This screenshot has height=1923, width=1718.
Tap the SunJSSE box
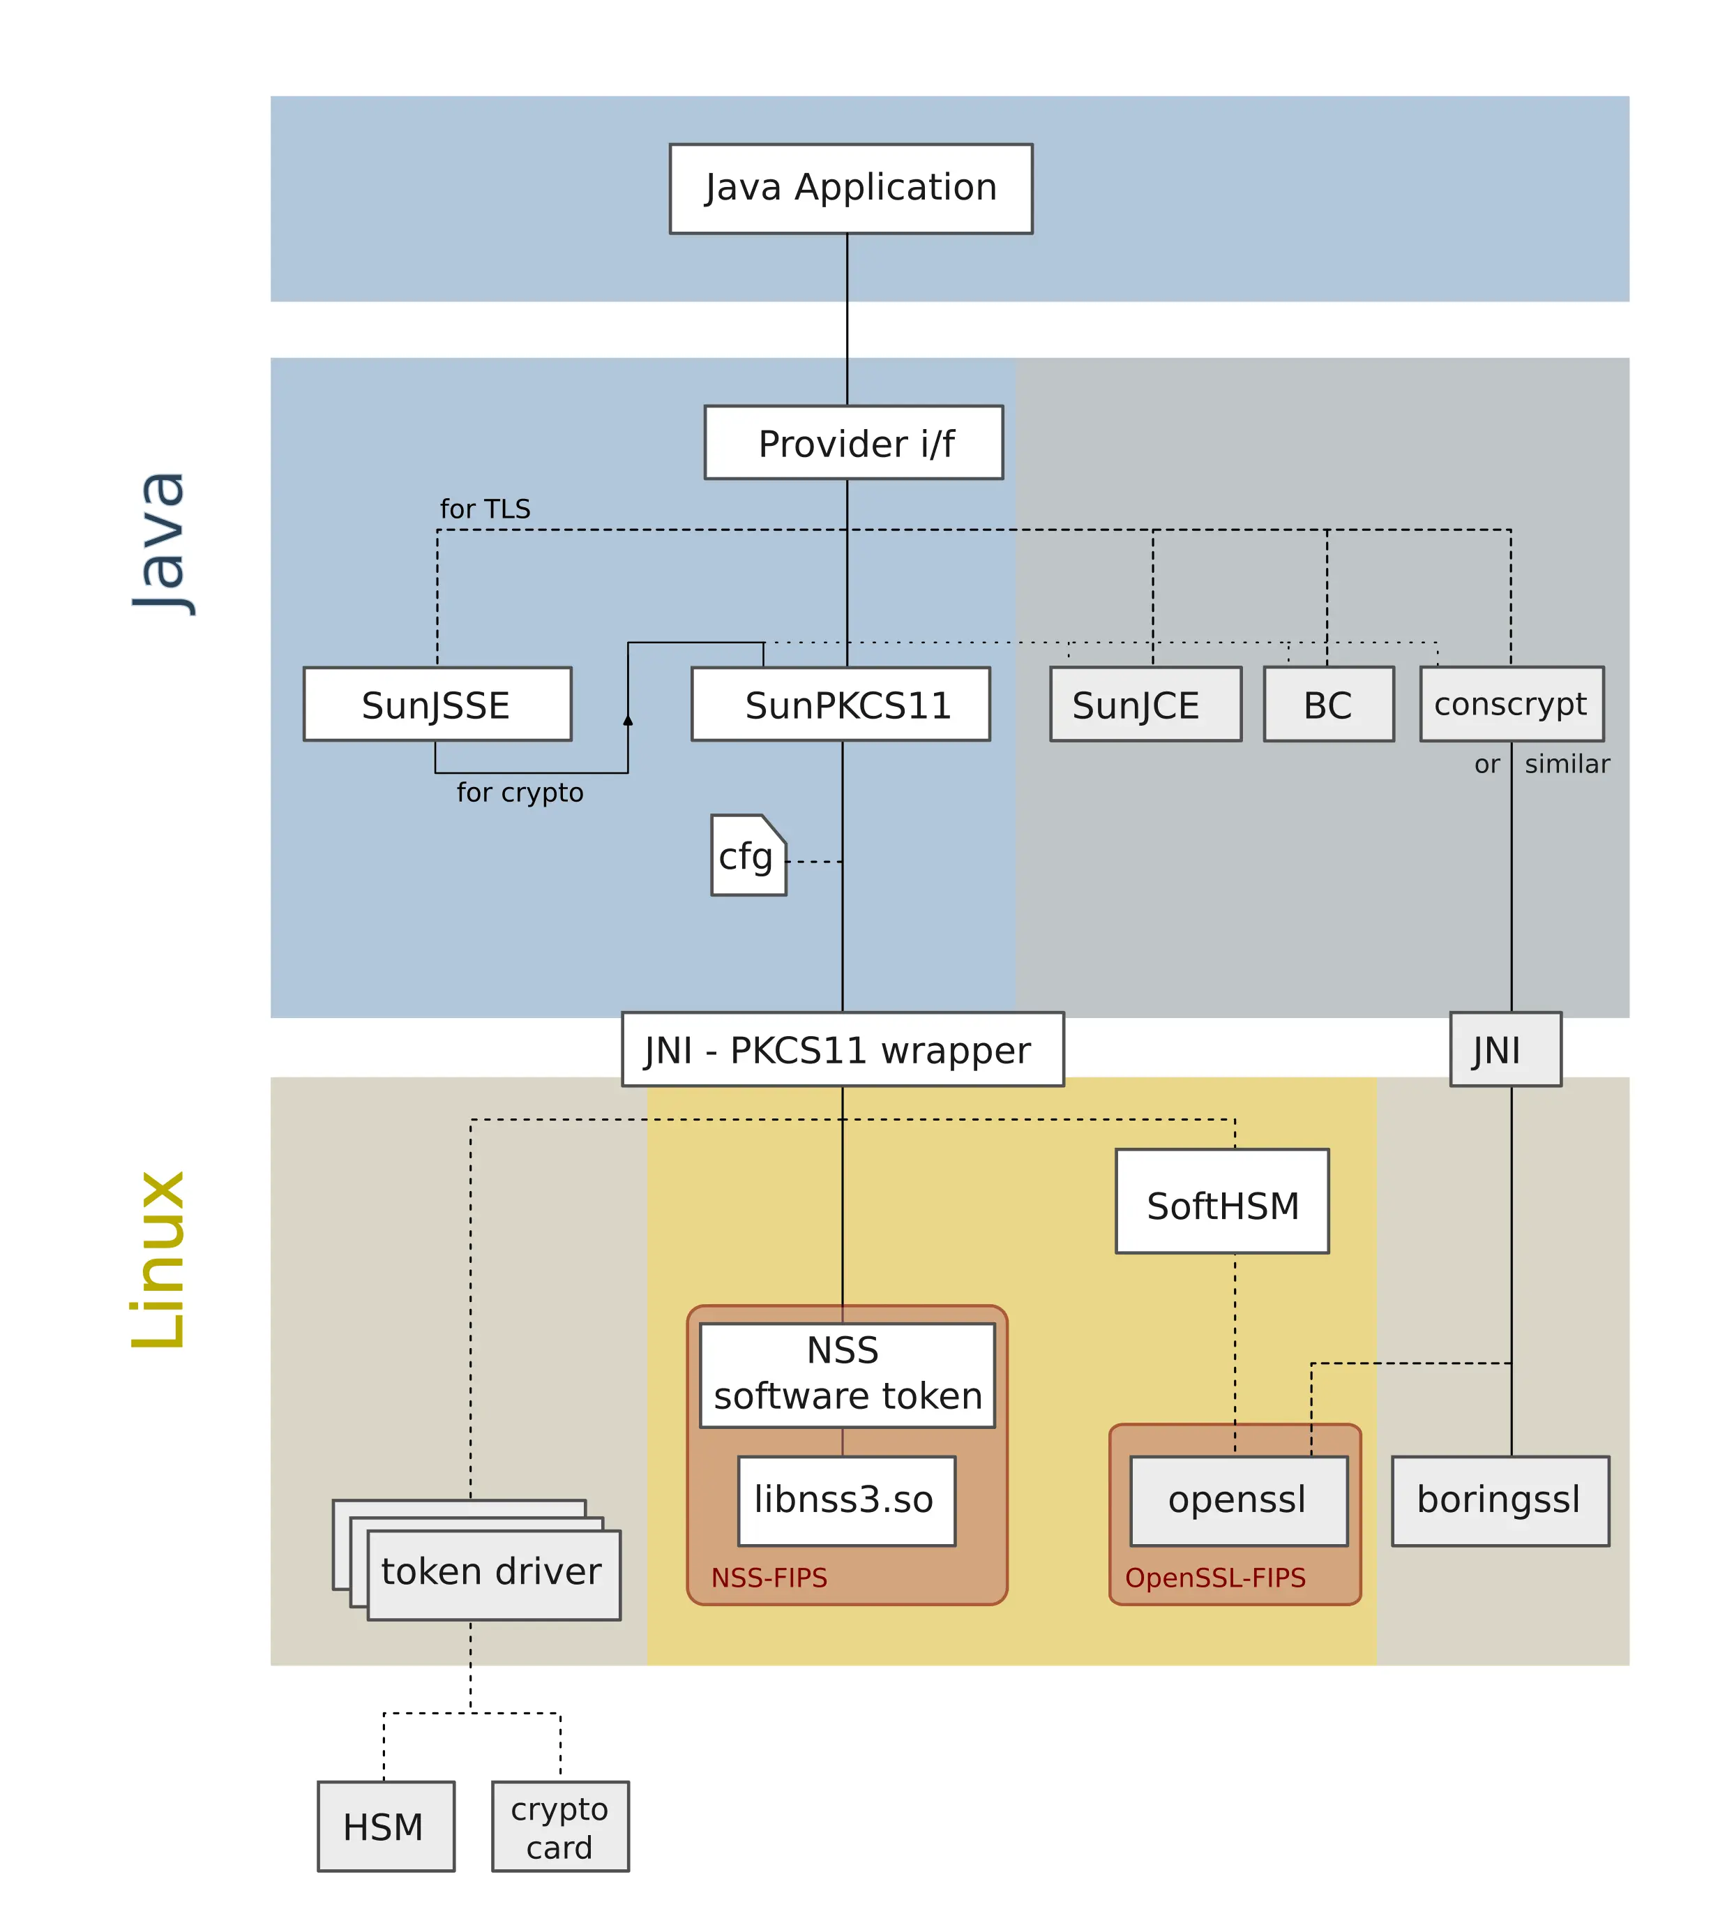(x=437, y=704)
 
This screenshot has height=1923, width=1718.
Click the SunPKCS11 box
(x=840, y=704)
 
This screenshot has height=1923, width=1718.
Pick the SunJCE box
(x=1145, y=704)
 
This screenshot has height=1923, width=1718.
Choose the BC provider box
(x=1328, y=704)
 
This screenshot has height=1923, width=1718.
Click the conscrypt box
(x=1512, y=704)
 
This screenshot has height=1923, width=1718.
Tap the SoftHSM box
(x=1221, y=1201)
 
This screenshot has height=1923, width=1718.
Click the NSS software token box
(x=847, y=1375)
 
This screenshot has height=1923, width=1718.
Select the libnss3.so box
(x=846, y=1500)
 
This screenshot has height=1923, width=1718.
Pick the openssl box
(x=1239, y=1500)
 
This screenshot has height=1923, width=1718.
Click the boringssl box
(x=1500, y=1500)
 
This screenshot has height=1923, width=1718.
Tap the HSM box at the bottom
(x=385, y=1826)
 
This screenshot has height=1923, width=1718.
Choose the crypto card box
(x=560, y=1826)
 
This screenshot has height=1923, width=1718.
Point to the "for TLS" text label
(x=485, y=510)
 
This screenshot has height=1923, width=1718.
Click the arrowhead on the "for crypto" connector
(x=628, y=720)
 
